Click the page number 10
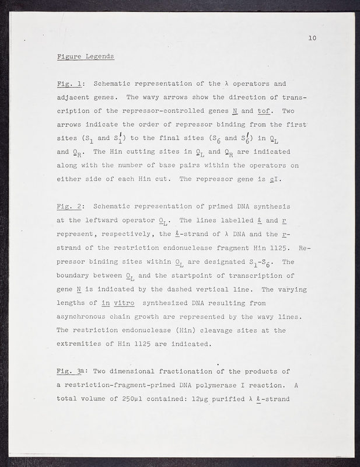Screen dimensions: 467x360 (312, 39)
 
